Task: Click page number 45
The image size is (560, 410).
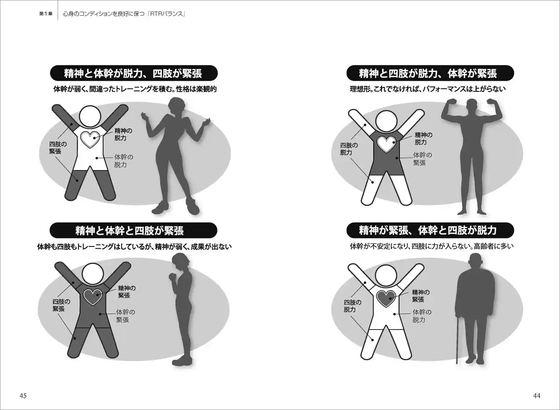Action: coord(23,396)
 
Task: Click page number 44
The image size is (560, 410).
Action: coord(537,396)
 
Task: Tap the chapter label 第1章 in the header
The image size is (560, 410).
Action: coord(46,14)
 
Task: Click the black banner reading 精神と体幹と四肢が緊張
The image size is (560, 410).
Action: coord(133,230)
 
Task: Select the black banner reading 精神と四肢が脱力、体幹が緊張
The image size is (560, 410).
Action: coord(430,73)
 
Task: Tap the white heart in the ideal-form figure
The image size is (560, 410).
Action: coord(386,145)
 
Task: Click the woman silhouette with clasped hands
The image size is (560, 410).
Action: coord(181,309)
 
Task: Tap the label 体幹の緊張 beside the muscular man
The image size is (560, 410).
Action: coord(423,159)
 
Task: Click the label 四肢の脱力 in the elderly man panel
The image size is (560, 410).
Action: coord(353,306)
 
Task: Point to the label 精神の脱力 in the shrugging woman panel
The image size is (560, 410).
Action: coord(123,134)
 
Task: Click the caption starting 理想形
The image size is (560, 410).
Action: coord(427,89)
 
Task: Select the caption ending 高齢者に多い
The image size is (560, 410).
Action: coord(431,247)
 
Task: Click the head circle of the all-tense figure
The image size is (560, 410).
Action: coord(92,274)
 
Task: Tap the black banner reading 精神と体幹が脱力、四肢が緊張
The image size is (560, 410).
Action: coord(134,73)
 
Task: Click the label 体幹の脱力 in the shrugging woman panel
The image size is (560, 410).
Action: coord(124,161)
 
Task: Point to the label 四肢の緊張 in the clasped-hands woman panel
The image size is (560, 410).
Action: coord(62,305)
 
